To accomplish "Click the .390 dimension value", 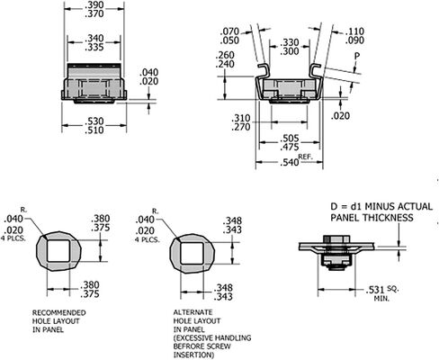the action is click(x=94, y=4).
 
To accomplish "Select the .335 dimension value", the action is click(x=94, y=47).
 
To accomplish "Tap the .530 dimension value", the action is click(x=94, y=121).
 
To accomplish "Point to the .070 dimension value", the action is click(x=229, y=31).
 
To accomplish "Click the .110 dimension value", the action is click(x=354, y=31).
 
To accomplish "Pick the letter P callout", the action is click(x=357, y=56).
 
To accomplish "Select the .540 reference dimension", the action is click(x=290, y=162).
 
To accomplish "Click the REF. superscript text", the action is click(x=306, y=157).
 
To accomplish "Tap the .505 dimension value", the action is click(x=290, y=139).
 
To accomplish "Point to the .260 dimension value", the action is click(x=225, y=55).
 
